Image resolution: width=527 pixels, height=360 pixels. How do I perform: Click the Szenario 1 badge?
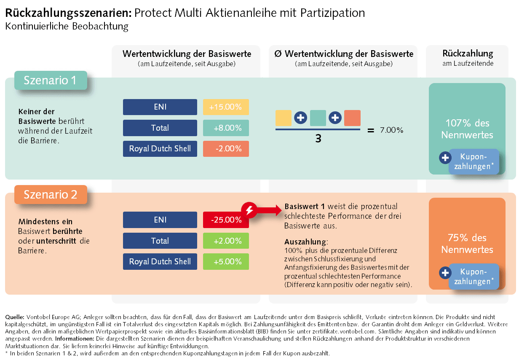51,80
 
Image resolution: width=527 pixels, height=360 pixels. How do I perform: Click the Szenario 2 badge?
51,194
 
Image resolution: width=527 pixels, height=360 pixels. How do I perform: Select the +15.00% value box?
226,107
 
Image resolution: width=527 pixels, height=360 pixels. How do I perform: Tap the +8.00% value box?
226,128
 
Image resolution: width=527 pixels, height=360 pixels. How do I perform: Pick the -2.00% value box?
226,148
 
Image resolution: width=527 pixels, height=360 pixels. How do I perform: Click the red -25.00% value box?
226,220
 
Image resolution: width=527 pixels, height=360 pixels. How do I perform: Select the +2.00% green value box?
226,241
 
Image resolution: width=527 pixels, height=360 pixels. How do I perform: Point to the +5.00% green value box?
226,261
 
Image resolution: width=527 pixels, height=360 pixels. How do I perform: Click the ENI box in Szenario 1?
160,107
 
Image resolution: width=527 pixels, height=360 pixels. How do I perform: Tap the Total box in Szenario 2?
160,241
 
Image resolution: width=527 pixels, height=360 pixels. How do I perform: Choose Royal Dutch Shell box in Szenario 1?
160,148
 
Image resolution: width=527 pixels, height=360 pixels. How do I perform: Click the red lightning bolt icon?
249,210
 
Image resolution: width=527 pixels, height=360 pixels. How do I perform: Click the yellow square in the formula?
284,118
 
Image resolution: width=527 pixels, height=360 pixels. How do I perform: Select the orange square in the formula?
352,118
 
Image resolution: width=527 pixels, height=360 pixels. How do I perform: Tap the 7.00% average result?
391,130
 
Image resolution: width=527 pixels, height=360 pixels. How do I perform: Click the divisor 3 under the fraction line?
318,138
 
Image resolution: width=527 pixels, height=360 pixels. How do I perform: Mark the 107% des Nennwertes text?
467,129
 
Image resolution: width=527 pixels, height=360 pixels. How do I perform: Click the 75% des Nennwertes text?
467,243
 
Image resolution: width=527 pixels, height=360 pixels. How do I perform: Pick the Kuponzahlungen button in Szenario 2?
473,277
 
